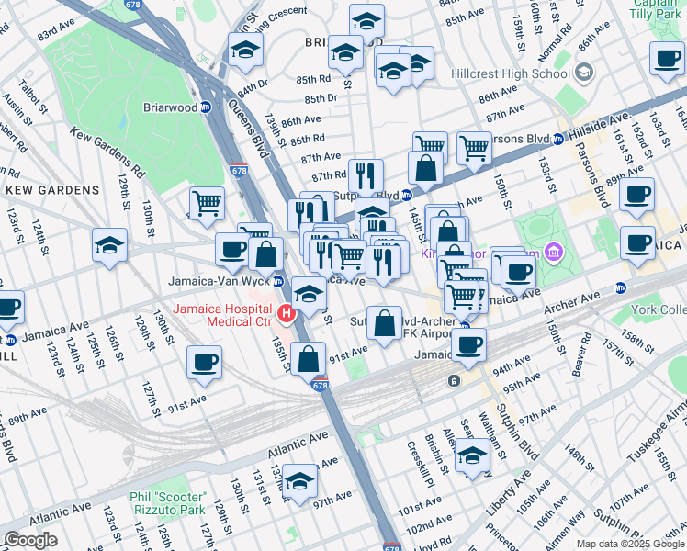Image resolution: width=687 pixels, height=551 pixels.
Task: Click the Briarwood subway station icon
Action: click(x=207, y=107)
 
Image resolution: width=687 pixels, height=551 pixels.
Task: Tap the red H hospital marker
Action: click(x=287, y=315)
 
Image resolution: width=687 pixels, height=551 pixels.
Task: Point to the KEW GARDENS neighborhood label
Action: click(x=52, y=190)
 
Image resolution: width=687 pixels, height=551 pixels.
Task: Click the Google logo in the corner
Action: click(x=31, y=540)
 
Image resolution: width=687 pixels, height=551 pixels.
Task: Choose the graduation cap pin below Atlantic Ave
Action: click(x=299, y=480)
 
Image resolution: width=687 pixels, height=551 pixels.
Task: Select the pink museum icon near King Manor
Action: click(x=553, y=251)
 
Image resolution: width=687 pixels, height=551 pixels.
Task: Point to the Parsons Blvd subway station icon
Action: click(x=557, y=141)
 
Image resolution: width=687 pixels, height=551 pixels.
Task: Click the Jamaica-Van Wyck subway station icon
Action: click(x=278, y=280)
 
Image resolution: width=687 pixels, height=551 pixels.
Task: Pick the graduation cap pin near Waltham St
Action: click(x=472, y=455)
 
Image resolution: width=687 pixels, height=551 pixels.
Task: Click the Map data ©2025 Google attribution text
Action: click(x=628, y=544)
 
